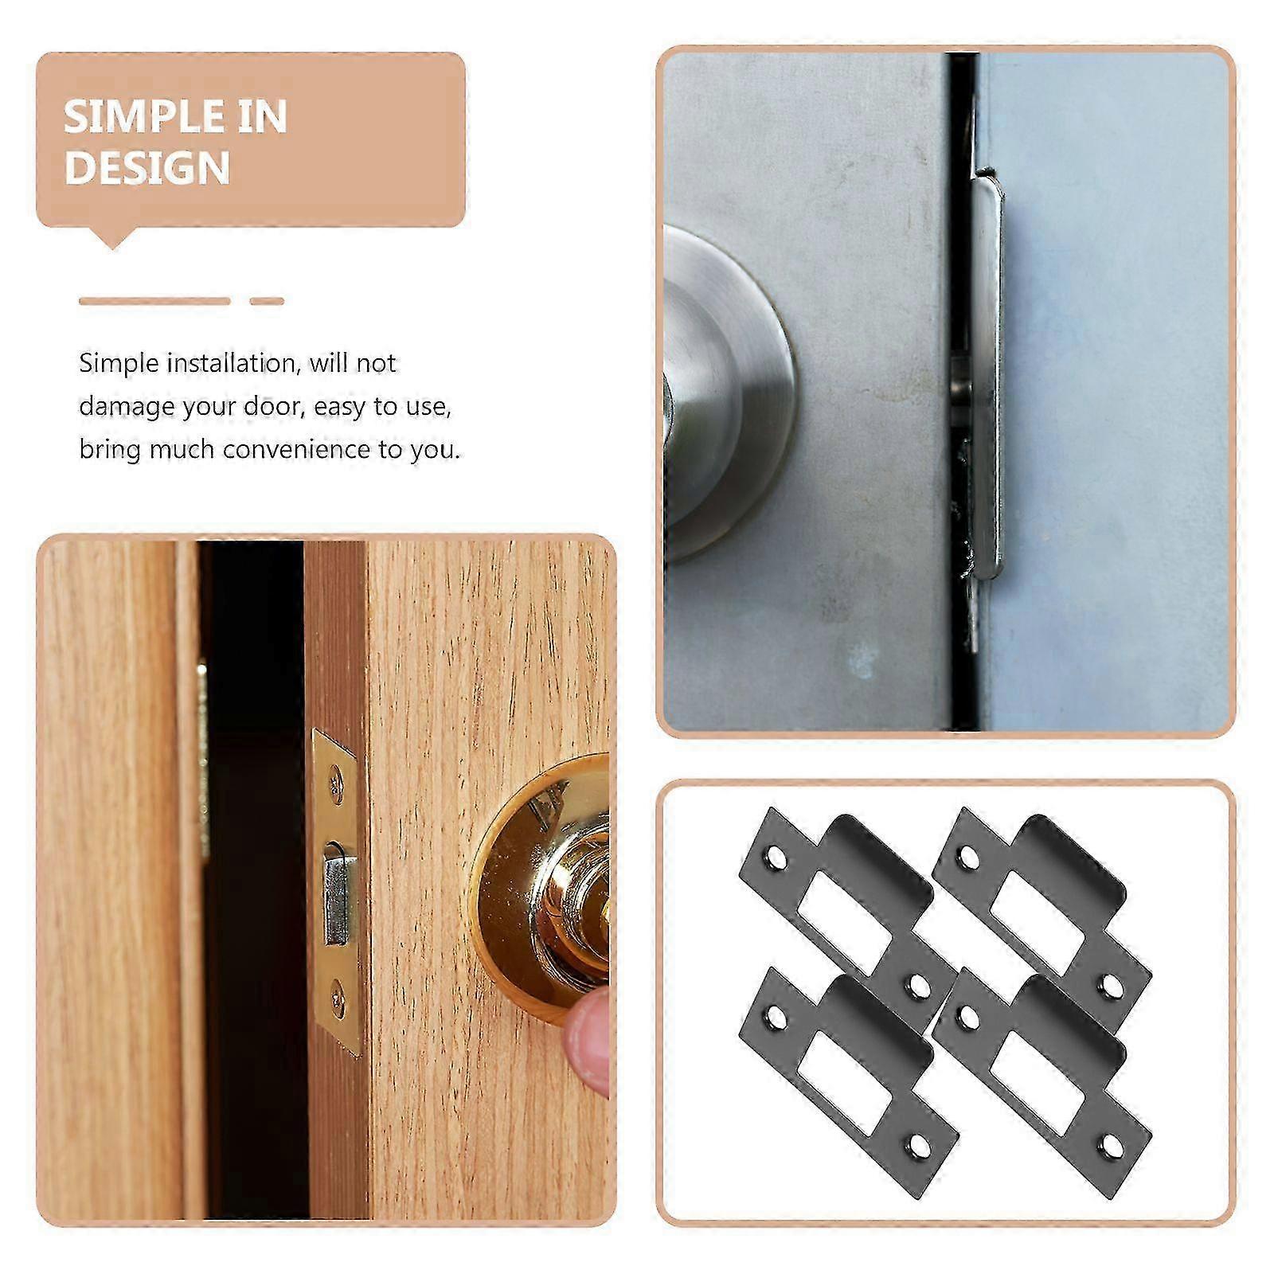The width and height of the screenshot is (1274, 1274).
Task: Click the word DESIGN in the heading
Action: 147,168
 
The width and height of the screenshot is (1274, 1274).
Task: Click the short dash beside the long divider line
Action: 267,301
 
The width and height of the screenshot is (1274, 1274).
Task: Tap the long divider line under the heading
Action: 154,301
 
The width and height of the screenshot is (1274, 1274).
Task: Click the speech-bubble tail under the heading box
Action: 112,238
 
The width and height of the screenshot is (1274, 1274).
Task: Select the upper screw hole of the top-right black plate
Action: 968,858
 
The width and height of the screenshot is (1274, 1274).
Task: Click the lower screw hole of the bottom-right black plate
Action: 1108,1146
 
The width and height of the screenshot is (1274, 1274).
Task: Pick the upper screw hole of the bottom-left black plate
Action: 773,1018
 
